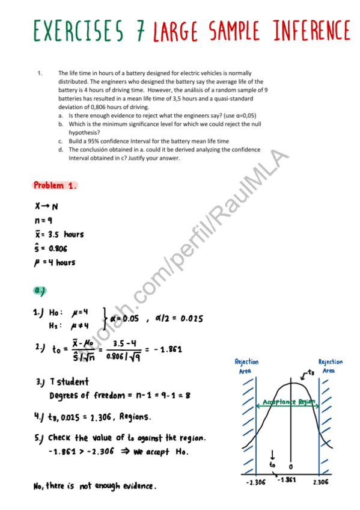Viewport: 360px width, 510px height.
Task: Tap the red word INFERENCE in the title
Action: tap(304, 29)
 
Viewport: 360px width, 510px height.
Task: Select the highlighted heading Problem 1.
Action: tap(55, 185)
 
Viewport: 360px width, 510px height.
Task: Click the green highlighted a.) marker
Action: tap(41, 290)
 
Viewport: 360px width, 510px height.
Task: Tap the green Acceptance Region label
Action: tap(289, 402)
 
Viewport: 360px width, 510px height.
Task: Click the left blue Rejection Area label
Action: tap(246, 366)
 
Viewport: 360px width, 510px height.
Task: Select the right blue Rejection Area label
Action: tap(330, 366)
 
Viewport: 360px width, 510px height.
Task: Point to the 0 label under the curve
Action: tap(291, 467)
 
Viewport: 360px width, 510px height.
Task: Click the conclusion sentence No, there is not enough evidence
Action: tap(95, 485)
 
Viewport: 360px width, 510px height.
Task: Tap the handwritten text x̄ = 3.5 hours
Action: tap(58, 234)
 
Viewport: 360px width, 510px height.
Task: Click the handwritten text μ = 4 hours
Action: tap(55, 262)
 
